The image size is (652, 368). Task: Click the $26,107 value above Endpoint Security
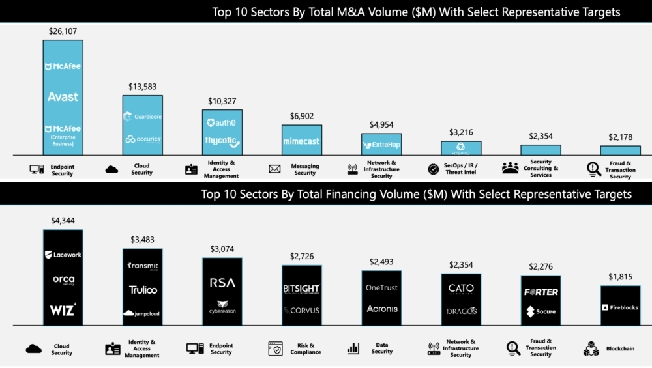(x=63, y=31)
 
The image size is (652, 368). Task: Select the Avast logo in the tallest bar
(x=63, y=96)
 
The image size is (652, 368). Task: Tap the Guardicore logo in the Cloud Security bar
(x=142, y=117)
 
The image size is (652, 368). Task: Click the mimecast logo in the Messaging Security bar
(x=301, y=141)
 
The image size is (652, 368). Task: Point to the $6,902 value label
(x=301, y=116)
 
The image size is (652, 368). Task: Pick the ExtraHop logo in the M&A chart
(x=381, y=144)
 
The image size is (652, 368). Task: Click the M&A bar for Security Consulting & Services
(x=541, y=150)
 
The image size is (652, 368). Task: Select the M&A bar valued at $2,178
(x=620, y=150)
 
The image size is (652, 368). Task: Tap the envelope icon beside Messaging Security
(x=274, y=169)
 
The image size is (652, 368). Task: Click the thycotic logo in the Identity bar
(x=222, y=141)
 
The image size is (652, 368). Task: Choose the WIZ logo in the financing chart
(x=63, y=309)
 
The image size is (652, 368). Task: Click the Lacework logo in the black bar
(x=63, y=255)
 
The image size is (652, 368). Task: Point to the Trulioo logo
(x=142, y=289)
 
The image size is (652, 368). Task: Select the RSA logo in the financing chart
(x=222, y=283)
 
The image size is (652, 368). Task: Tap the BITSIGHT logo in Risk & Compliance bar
(x=301, y=289)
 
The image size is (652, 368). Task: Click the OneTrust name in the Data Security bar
(x=381, y=288)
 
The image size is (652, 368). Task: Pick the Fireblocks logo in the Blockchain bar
(x=620, y=307)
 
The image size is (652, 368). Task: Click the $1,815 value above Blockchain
(x=620, y=296)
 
